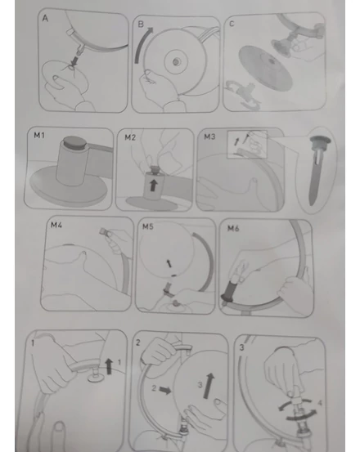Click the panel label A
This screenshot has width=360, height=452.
pyautogui.click(x=45, y=19)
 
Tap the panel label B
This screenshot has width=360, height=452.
pyautogui.click(x=141, y=24)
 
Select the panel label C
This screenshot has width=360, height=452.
pyautogui.click(x=232, y=24)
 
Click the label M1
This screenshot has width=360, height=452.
pyautogui.click(x=39, y=135)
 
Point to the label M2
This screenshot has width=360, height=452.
pyautogui.click(x=130, y=137)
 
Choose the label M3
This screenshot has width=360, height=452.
pyautogui.click(x=209, y=136)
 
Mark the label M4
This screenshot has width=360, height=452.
pyautogui.click(x=56, y=225)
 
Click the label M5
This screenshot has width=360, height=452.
pyautogui.click(x=148, y=226)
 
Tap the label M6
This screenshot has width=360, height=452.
pyautogui.click(x=233, y=228)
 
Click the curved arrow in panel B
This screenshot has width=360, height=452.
pyautogui.click(x=141, y=43)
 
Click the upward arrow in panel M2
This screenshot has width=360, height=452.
pyautogui.click(x=154, y=185)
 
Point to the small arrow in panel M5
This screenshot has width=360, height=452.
pyautogui.click(x=169, y=263)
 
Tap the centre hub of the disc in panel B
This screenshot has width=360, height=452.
pyautogui.click(x=175, y=61)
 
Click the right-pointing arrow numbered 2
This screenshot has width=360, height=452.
pyautogui.click(x=165, y=391)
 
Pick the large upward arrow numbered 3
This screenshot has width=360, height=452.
pyautogui.click(x=209, y=386)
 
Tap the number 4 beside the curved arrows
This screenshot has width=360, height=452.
pyautogui.click(x=320, y=403)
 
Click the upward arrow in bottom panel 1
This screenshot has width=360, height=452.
pyautogui.click(x=109, y=366)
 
